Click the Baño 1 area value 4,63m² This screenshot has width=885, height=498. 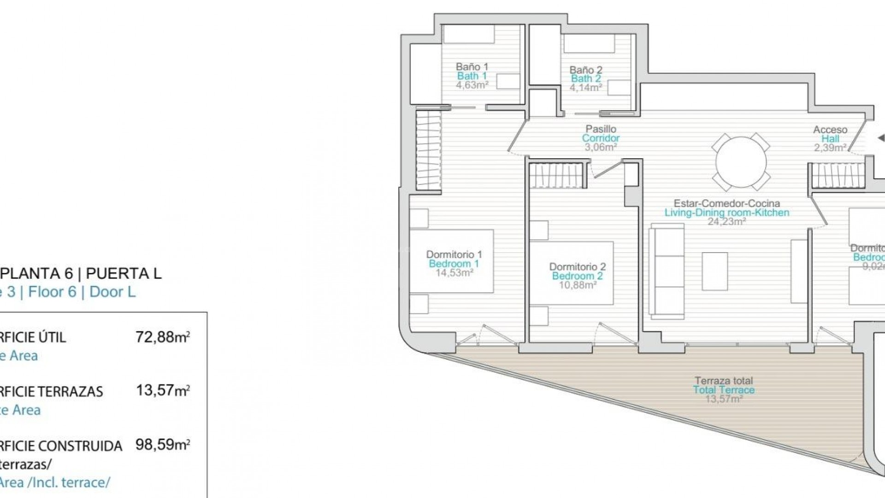(472, 85)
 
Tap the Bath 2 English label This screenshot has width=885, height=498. (586, 79)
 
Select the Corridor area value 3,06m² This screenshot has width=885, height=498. (601, 147)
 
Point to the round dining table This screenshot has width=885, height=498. (741, 162)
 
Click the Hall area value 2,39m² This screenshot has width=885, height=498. (830, 148)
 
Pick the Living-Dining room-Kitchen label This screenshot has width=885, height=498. (726, 213)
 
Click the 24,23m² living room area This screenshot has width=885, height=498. (727, 221)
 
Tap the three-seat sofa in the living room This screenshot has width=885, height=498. (667, 271)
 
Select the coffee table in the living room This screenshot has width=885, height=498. (714, 271)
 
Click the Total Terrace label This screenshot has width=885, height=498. (724, 390)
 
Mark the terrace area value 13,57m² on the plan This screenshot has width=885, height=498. (724, 399)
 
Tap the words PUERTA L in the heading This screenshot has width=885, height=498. (124, 273)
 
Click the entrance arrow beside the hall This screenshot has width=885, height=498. (880, 138)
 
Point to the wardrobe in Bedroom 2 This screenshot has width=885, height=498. (558, 176)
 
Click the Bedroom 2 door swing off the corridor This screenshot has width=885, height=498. (606, 169)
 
